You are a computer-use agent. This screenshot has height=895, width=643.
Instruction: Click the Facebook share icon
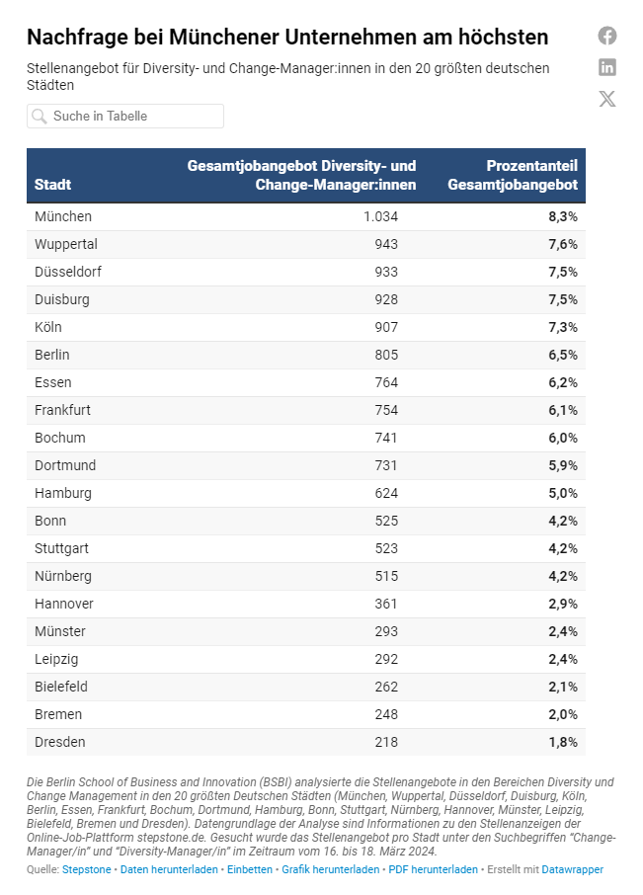pyautogui.click(x=607, y=36)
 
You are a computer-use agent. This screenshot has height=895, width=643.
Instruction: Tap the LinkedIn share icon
pyautogui.click(x=607, y=67)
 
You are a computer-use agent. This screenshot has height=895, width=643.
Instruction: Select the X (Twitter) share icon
pyautogui.click(x=607, y=99)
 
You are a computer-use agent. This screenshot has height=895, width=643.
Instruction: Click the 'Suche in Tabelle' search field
pyautogui.click(x=125, y=116)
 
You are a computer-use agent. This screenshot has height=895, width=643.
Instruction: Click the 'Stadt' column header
pyautogui.click(x=52, y=185)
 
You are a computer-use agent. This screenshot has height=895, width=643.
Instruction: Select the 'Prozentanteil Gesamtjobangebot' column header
pyautogui.click(x=513, y=175)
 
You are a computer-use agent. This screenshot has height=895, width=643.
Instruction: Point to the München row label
pyautogui.click(x=63, y=216)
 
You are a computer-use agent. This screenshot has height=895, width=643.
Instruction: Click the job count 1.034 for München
pyautogui.click(x=380, y=216)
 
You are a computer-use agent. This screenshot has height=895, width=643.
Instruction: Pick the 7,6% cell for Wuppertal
pyautogui.click(x=563, y=244)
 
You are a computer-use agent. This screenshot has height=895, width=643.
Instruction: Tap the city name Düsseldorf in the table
pyautogui.click(x=68, y=272)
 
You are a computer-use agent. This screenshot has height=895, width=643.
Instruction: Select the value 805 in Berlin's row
pyautogui.click(x=386, y=355)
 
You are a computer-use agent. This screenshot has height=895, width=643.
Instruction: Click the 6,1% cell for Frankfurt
pyautogui.click(x=563, y=410)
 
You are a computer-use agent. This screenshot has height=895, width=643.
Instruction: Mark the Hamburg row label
pyautogui.click(x=63, y=493)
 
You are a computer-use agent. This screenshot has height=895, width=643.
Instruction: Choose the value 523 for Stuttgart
pyautogui.click(x=386, y=548)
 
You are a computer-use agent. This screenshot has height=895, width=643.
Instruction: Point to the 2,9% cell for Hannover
pyautogui.click(x=563, y=604)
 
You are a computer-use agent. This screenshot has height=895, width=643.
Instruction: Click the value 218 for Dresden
pyautogui.click(x=386, y=742)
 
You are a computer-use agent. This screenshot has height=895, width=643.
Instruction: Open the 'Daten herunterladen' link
pyautogui.click(x=169, y=869)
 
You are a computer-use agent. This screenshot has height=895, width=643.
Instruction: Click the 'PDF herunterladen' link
pyautogui.click(x=433, y=869)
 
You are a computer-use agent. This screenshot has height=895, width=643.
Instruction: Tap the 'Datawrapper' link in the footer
pyautogui.click(x=572, y=869)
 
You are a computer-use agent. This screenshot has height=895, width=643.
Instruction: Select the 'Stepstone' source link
pyautogui.click(x=87, y=869)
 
